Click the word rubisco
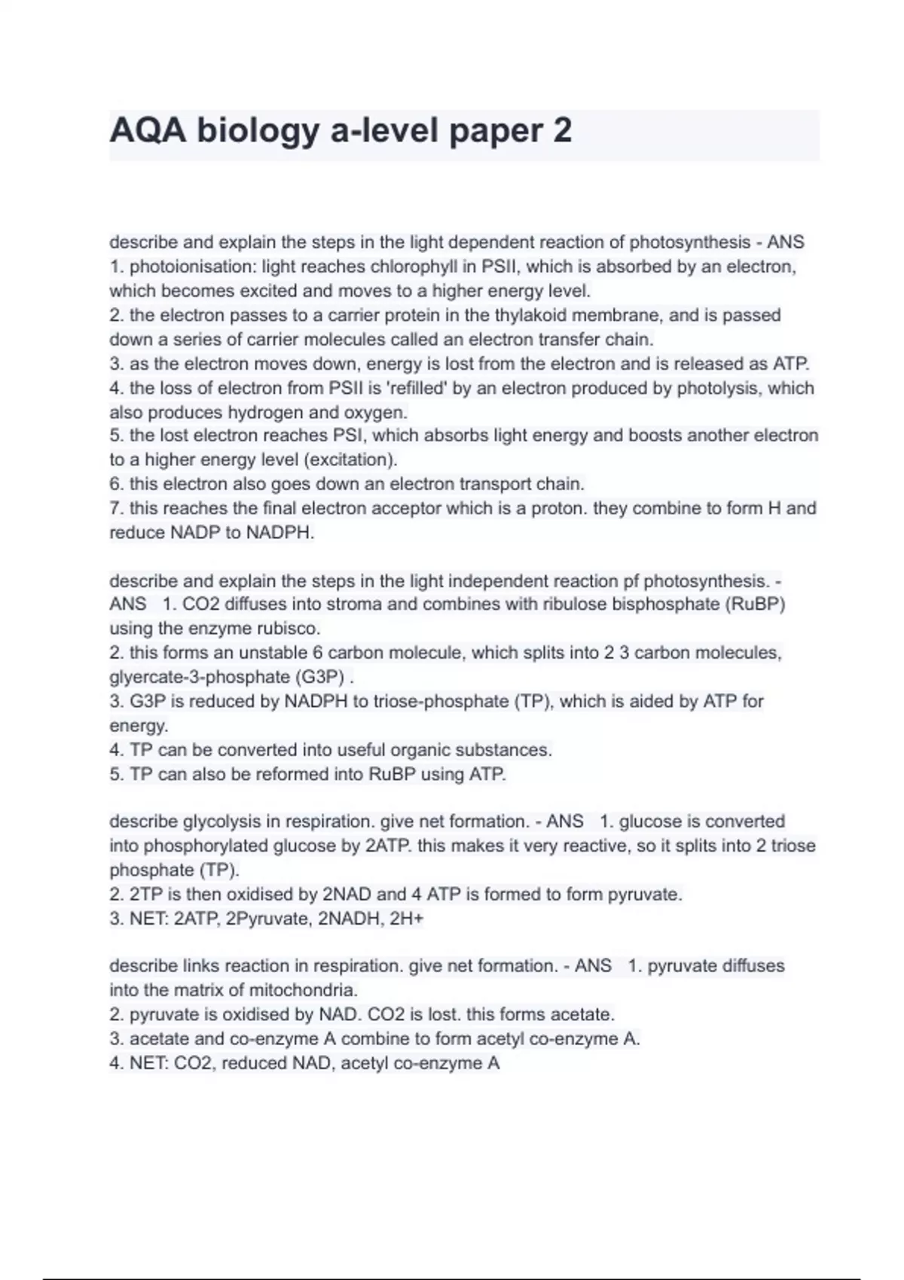tap(289, 629)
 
